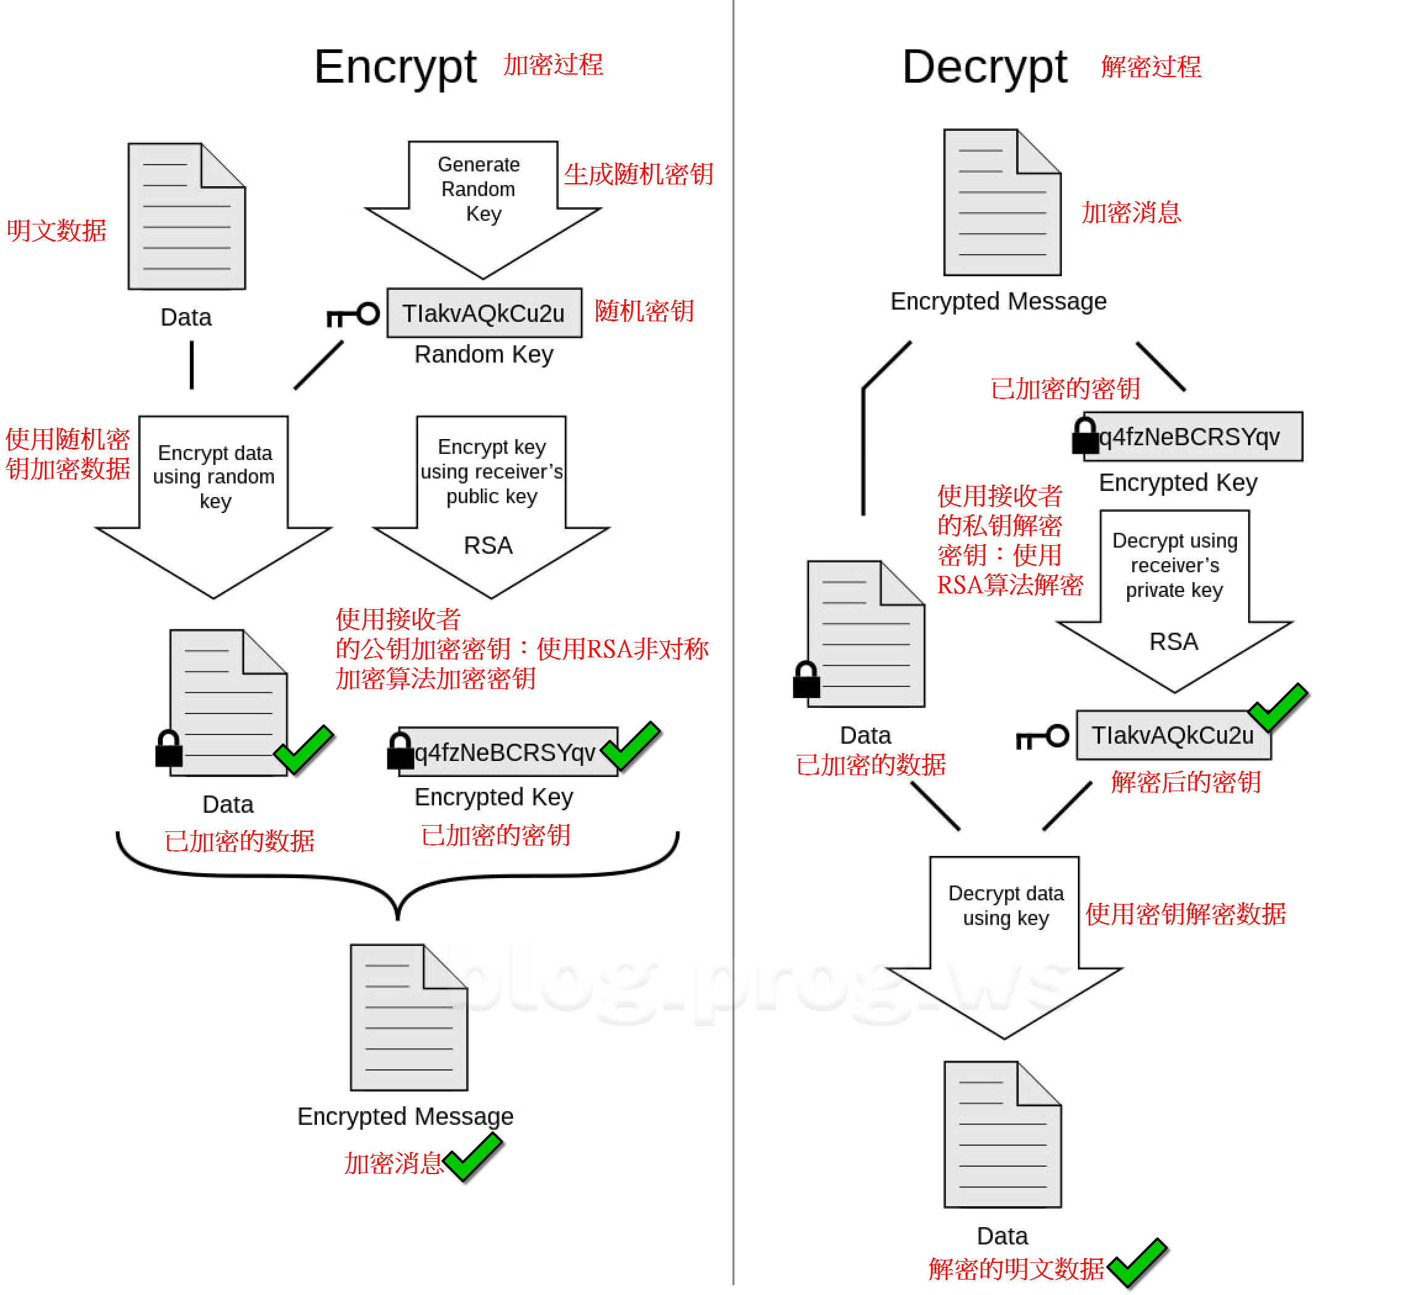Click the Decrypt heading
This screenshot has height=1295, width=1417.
click(984, 67)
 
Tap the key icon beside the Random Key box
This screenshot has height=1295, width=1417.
click(353, 315)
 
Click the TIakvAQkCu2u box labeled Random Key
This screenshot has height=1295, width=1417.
click(484, 313)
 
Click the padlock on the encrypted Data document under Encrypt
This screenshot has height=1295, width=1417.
click(169, 749)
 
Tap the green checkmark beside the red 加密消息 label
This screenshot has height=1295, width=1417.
click(473, 1158)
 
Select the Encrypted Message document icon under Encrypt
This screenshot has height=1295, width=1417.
click(409, 1018)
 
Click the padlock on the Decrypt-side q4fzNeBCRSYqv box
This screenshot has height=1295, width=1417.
click(1085, 436)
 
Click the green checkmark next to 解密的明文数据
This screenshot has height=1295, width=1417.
click(1136, 1263)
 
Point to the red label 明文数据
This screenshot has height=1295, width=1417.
click(56, 231)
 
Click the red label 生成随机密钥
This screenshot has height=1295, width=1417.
click(638, 175)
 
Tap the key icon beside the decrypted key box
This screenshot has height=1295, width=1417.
click(1043, 738)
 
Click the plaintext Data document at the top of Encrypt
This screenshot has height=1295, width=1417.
click(186, 216)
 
